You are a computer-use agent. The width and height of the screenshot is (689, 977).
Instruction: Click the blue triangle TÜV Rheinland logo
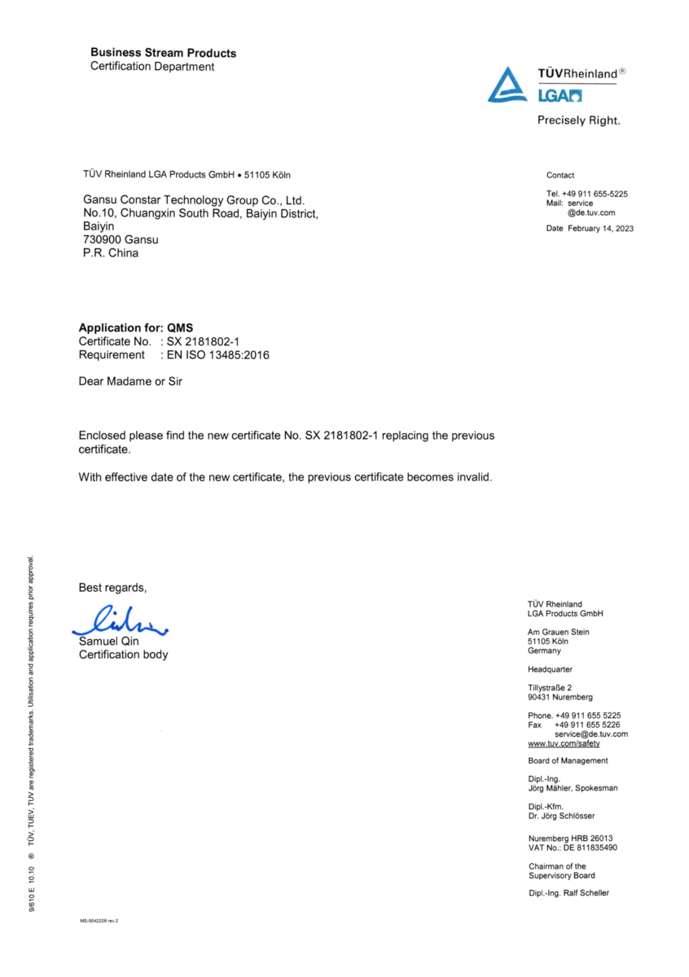[x=507, y=85]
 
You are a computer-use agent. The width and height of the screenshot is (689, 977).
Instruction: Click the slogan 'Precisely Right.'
[x=578, y=120]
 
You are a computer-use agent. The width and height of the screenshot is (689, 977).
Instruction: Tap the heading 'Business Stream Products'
[x=163, y=53]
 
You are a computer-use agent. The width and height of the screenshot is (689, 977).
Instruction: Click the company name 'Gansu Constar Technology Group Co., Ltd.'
[x=194, y=199]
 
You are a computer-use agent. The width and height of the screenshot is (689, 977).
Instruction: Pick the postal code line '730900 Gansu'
[x=121, y=240]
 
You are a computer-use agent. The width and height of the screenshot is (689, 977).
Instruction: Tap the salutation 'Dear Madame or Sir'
[x=130, y=380]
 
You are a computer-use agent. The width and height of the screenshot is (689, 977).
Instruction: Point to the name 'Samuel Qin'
[x=109, y=642]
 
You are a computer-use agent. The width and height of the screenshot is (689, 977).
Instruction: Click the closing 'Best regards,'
[x=113, y=588]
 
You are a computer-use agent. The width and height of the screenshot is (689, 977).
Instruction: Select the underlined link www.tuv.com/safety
[x=564, y=743]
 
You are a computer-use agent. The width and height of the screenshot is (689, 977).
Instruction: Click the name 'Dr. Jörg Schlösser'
[x=561, y=816]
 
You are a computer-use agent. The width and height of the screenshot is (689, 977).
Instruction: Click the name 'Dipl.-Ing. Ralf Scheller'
[x=568, y=893]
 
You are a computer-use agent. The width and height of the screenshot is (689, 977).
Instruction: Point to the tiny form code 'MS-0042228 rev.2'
[x=99, y=921]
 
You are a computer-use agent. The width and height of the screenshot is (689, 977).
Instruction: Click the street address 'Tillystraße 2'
[x=550, y=688]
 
